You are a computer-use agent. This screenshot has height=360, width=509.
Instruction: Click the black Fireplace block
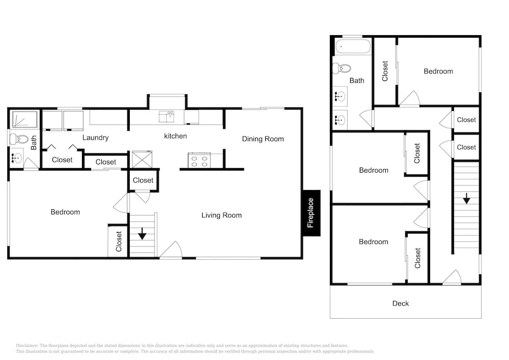(x=312, y=213)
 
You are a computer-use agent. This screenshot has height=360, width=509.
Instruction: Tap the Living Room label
(x=221, y=215)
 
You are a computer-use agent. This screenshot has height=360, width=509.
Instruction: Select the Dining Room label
(x=263, y=139)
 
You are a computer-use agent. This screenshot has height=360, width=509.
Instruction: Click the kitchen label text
(x=175, y=136)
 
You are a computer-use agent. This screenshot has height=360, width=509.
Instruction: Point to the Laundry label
(x=96, y=137)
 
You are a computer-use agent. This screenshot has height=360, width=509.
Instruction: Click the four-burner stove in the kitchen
(x=200, y=160)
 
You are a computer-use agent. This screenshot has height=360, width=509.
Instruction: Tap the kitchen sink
(x=166, y=117)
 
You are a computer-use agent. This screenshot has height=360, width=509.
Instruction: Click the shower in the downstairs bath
(x=24, y=119)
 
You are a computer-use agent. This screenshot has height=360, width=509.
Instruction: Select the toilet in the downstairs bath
(x=19, y=139)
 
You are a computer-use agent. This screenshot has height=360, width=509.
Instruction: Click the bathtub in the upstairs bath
(x=353, y=46)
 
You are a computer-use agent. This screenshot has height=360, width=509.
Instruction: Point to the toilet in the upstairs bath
(x=342, y=68)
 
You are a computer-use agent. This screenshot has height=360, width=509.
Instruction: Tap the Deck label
(x=401, y=303)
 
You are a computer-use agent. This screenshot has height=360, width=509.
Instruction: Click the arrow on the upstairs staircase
(x=466, y=199)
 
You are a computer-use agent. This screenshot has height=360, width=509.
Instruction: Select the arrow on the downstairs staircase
(x=142, y=234)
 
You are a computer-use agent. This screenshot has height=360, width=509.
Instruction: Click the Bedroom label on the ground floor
(x=65, y=212)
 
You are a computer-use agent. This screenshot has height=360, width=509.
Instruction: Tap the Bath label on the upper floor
(x=357, y=80)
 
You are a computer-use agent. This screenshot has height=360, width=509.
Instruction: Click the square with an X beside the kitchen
(x=142, y=159)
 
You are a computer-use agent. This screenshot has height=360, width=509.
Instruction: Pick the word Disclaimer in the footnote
(x=27, y=346)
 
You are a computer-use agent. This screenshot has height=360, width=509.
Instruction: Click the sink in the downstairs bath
(x=16, y=158)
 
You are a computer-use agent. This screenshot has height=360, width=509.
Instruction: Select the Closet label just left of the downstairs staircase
(x=119, y=241)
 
